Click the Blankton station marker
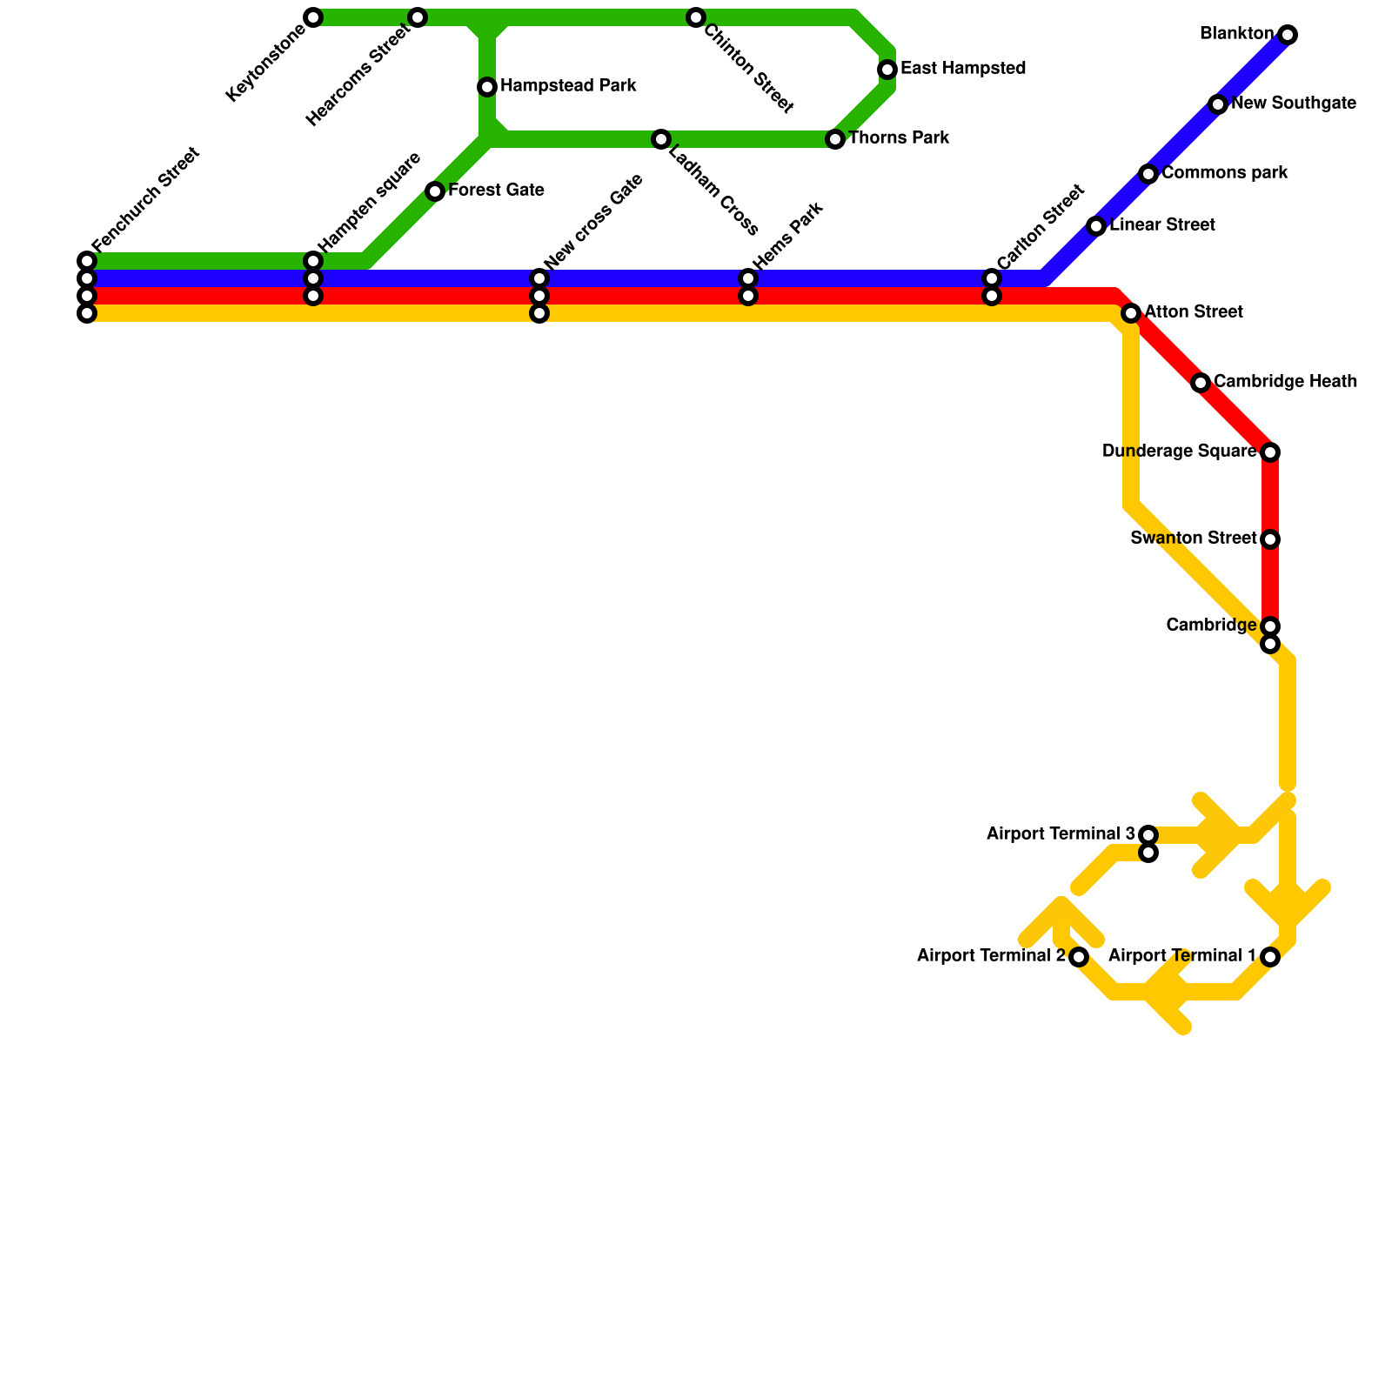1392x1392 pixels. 1288,35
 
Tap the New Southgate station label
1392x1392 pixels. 1293,104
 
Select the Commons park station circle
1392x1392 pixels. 1148,174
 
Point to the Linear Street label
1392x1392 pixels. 1161,225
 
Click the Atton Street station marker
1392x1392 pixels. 1131,313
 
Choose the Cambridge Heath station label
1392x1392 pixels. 1284,382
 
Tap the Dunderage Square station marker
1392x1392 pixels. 1270,452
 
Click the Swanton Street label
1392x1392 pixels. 1193,539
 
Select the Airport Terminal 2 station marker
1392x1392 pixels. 1079,957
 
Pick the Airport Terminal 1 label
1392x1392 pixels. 1182,956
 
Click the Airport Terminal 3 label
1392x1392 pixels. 1060,834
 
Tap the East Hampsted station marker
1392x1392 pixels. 887,70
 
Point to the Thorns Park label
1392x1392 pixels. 898,138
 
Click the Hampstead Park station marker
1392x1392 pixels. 487,87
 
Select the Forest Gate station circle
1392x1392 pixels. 435,191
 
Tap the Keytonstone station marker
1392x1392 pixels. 313,17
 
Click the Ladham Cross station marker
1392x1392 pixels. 661,139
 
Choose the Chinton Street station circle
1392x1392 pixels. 696,17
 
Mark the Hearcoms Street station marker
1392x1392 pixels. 418,17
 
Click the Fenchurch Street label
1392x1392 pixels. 145,200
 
